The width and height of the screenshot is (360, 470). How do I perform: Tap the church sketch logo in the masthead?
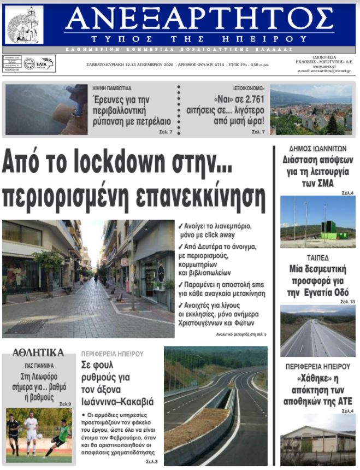(x=24, y=25)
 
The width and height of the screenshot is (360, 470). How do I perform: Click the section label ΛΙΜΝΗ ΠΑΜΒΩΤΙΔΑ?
(x=112, y=88)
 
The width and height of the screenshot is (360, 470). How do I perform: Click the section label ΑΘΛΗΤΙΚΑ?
(x=38, y=352)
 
